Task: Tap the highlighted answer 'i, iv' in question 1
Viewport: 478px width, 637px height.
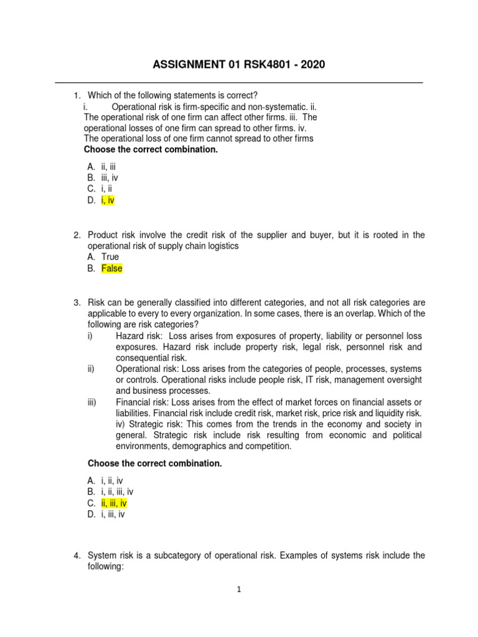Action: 108,200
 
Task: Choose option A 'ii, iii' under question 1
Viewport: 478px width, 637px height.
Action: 108,167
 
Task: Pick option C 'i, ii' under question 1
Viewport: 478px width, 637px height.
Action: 106,189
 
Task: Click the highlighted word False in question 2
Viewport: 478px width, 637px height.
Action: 112,268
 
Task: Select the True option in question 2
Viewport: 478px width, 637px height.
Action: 110,257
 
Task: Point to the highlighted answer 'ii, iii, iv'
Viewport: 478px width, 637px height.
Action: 114,503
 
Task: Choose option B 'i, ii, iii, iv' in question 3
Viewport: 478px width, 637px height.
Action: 117,491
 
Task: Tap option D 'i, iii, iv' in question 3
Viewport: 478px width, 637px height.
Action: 113,514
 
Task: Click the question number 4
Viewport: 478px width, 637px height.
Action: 77,556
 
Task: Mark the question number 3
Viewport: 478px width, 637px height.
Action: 77,302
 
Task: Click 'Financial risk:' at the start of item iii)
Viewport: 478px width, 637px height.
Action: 143,402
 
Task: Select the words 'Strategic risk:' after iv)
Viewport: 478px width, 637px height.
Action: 152,425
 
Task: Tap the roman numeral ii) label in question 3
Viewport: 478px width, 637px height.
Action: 91,369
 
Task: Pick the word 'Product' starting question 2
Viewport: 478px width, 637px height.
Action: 103,235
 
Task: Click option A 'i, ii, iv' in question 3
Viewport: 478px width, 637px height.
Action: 111,480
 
